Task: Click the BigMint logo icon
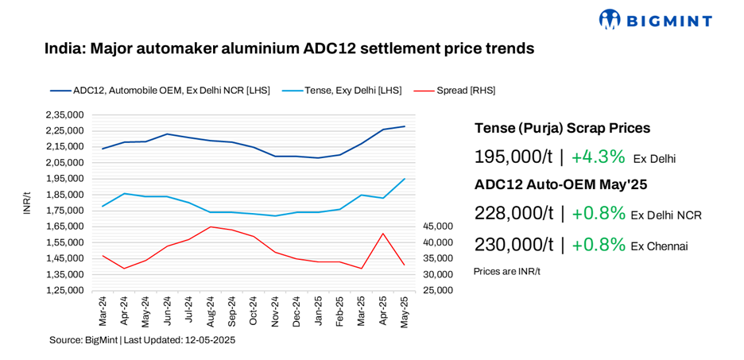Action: [x=610, y=20]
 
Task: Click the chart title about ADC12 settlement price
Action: [x=289, y=48]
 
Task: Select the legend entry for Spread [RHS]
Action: [x=466, y=91]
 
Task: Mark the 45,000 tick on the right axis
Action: [x=437, y=226]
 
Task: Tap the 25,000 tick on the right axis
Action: [x=437, y=290]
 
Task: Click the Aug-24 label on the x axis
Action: [x=211, y=312]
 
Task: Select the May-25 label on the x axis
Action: [x=405, y=312]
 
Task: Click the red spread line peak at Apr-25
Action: [x=383, y=234]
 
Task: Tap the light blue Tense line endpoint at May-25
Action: [x=405, y=179]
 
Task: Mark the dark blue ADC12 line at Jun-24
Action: [x=167, y=134]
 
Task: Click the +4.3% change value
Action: [x=598, y=157]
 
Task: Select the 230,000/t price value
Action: [x=513, y=245]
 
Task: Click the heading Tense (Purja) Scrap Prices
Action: [x=562, y=128]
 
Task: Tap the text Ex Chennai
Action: [x=659, y=246]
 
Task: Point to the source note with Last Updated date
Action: [x=142, y=340]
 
